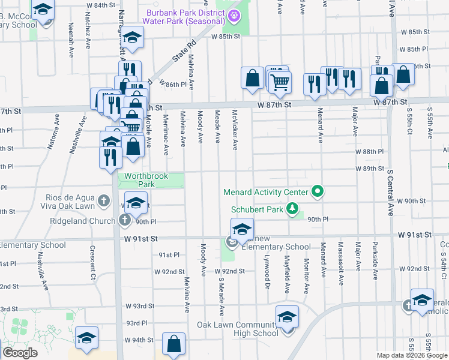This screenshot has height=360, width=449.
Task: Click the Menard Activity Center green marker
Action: coord(318,193)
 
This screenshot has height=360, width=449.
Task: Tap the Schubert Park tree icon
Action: coord(292,209)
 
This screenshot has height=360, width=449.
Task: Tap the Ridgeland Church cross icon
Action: coord(124,221)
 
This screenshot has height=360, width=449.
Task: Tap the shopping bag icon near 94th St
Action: coord(173,344)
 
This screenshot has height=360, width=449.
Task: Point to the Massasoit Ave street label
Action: coord(340,261)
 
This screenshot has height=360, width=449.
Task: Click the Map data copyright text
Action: coord(411,355)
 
